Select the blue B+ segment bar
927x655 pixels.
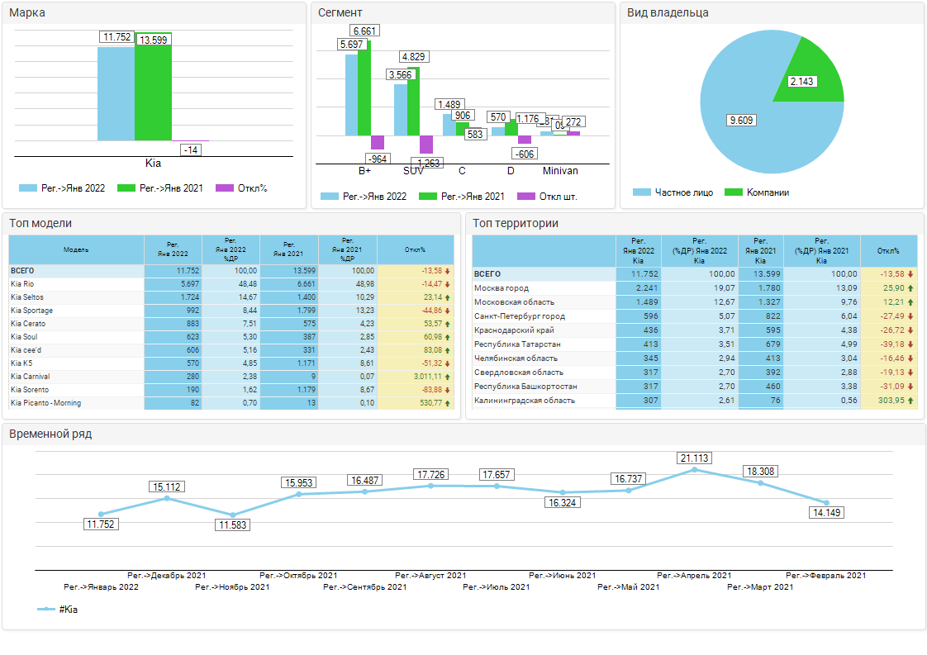point(351,94)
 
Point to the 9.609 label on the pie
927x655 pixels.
point(741,121)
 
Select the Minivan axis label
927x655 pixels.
point(560,171)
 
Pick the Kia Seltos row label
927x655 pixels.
point(27,297)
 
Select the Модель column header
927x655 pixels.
point(76,249)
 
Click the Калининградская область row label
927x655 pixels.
point(525,401)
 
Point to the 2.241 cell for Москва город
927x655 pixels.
point(642,288)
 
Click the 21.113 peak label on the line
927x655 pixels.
point(694,458)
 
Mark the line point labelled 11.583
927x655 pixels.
point(233,515)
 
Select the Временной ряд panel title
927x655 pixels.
point(50,434)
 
